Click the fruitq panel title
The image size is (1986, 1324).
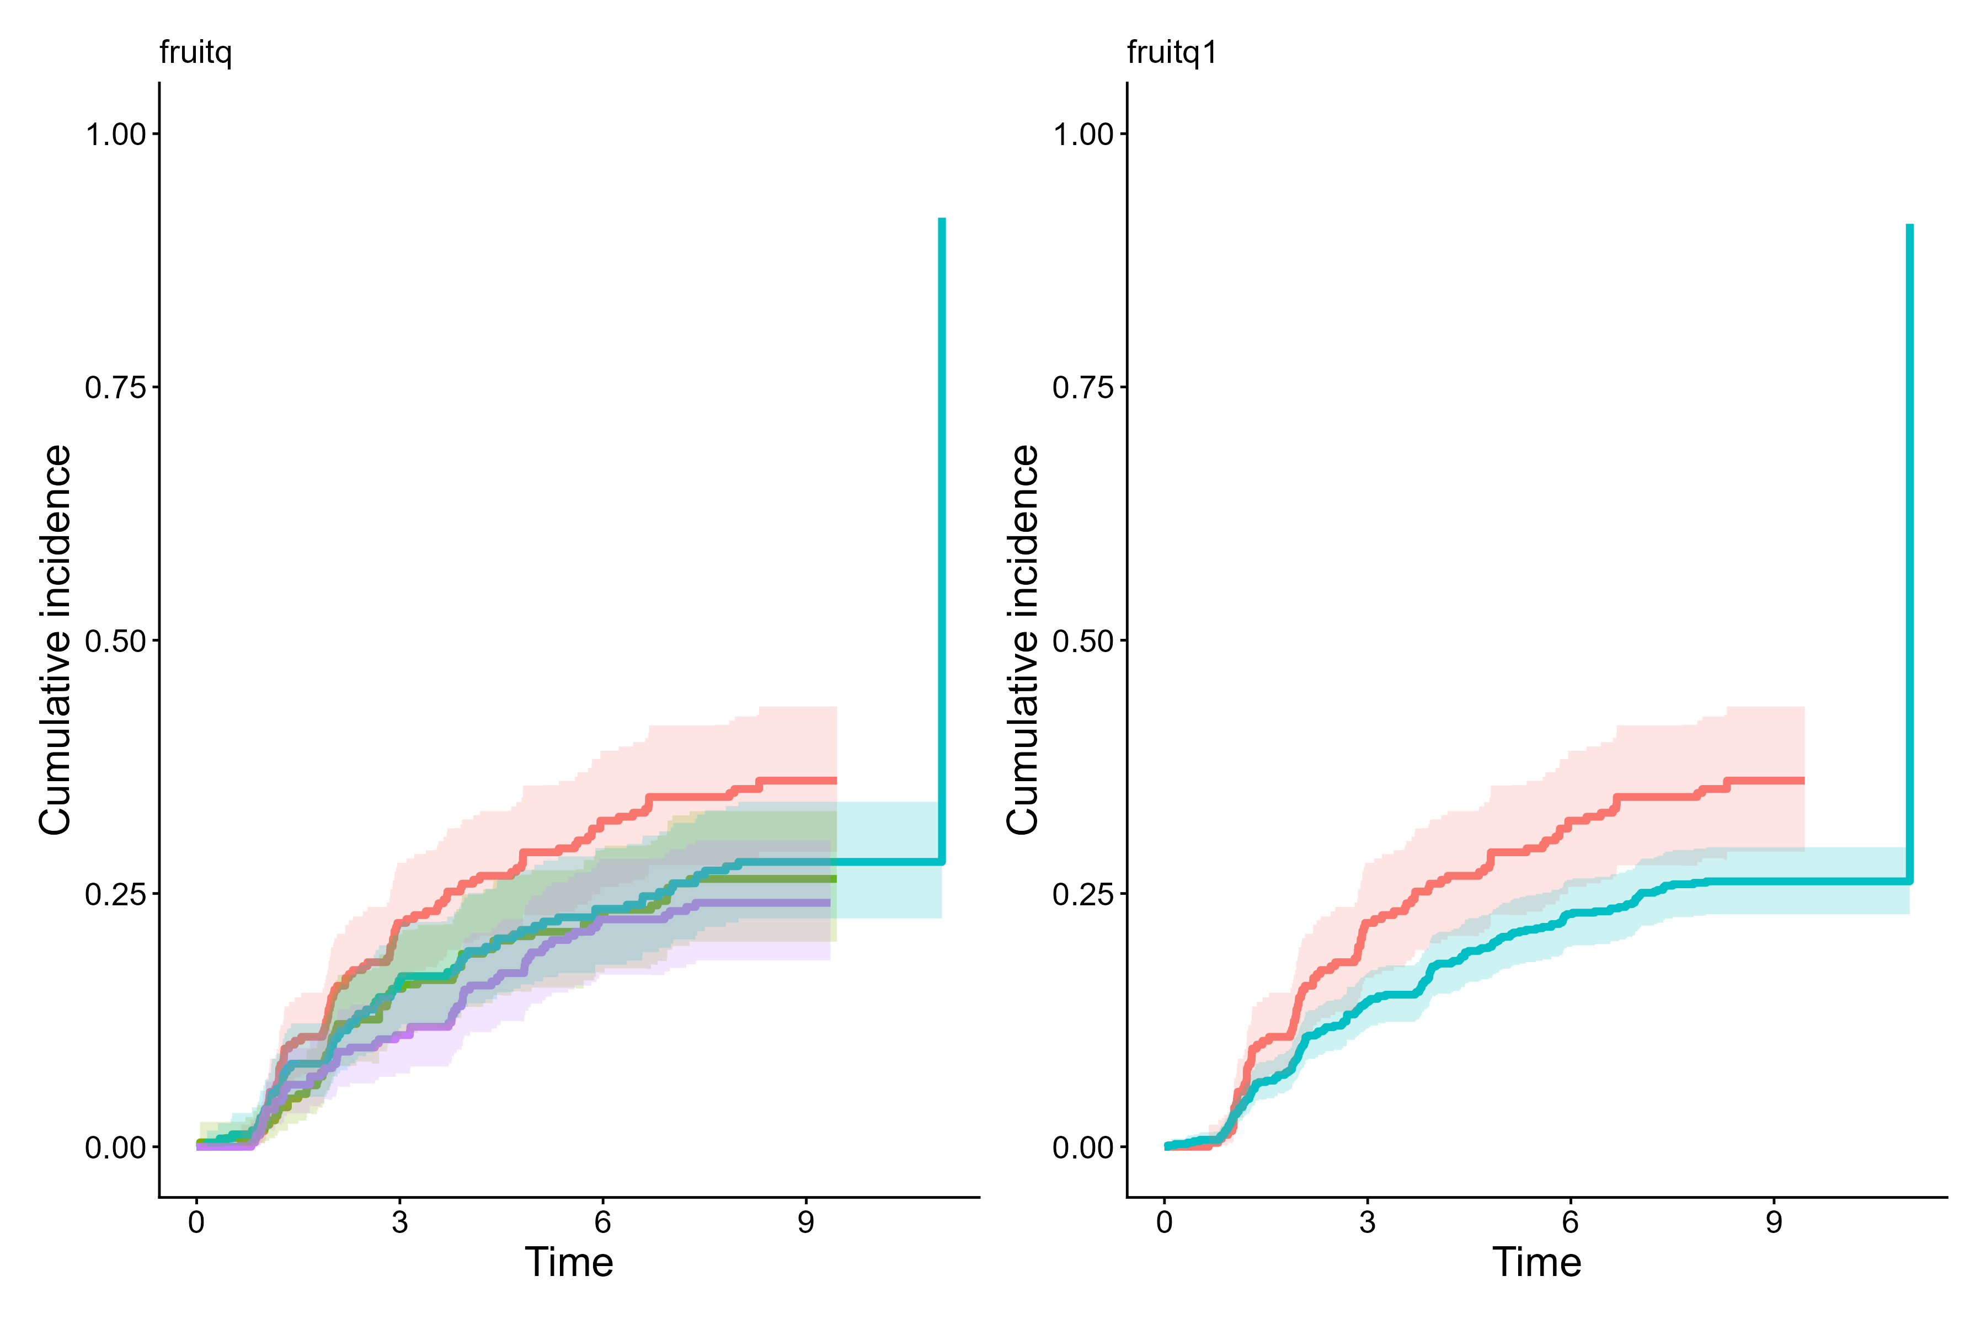coord(195,52)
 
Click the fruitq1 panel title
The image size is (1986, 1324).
coord(1172,52)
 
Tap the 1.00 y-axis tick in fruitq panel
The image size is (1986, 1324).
coord(116,134)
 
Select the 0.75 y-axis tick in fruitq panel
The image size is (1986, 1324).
coord(116,388)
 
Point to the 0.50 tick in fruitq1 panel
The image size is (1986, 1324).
coord(1083,641)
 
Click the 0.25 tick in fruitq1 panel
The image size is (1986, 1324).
coord(1083,894)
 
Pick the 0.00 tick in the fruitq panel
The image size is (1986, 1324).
coord(116,1147)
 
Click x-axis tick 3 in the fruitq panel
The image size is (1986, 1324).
coord(399,1222)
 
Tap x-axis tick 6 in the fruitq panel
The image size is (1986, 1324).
coord(602,1222)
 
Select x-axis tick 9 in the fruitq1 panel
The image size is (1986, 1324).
coord(1773,1222)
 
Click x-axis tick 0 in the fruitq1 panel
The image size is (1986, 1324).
coord(1165,1222)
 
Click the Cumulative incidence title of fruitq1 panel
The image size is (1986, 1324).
coord(1023,640)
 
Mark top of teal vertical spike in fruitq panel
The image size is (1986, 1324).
coord(942,220)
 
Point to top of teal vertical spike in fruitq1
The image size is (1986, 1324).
coord(1910,226)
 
